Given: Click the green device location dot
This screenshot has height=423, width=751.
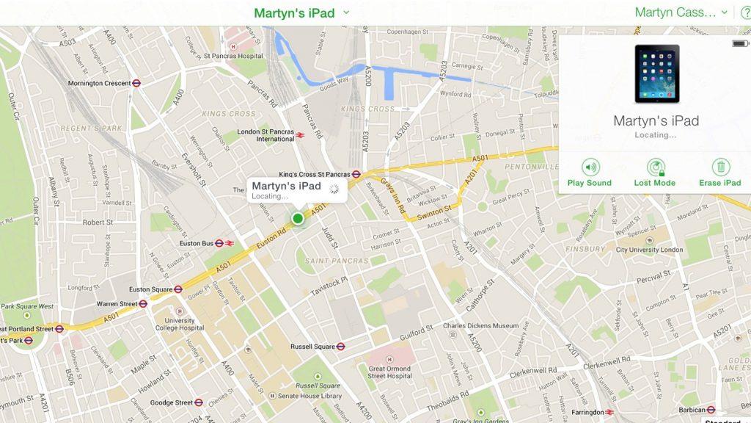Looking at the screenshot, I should point(298,218).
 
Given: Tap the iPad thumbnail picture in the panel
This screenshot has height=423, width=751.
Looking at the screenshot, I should point(656,74).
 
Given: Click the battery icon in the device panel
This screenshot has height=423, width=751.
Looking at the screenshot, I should point(739,44).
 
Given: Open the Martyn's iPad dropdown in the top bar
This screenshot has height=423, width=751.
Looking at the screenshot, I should point(301,12).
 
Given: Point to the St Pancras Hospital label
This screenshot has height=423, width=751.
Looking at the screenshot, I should point(232,56).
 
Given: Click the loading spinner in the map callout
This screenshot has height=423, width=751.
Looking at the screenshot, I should point(334,189).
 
